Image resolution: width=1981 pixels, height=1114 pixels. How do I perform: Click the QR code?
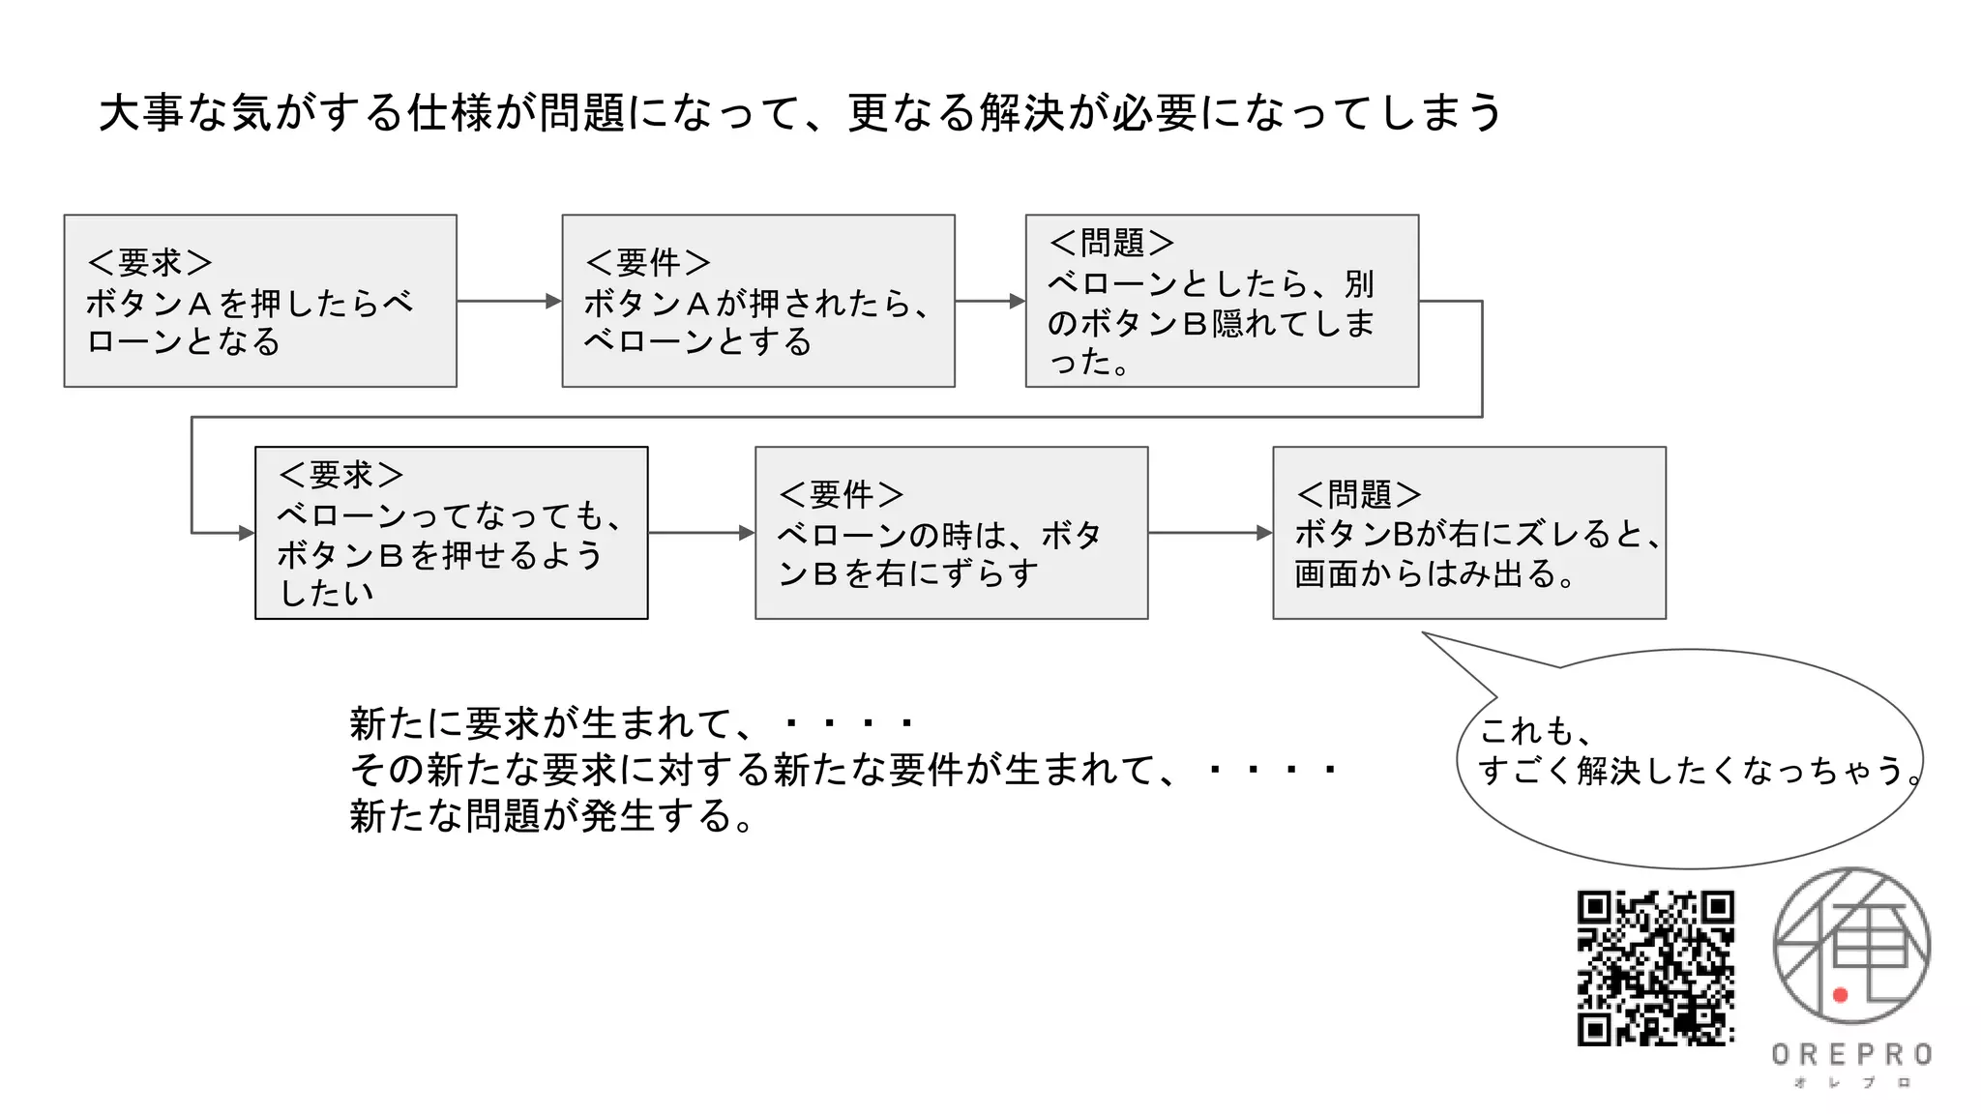(x=1655, y=967)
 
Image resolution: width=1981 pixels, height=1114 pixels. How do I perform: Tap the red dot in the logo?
(x=1840, y=995)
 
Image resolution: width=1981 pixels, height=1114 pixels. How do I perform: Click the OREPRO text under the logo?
(x=1851, y=1054)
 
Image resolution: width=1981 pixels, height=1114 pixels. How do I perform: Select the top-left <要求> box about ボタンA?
(x=260, y=301)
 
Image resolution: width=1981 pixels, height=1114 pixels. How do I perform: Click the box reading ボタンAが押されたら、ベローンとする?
(x=758, y=301)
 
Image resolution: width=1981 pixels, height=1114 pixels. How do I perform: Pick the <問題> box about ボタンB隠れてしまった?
(x=1222, y=301)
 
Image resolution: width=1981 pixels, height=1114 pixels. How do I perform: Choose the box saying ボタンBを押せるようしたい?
(x=452, y=533)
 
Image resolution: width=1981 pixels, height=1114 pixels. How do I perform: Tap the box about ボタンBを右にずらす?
(x=951, y=533)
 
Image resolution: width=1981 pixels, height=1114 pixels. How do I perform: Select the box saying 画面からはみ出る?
(x=1468, y=533)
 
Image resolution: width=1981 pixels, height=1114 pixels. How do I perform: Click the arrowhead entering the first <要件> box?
(x=554, y=301)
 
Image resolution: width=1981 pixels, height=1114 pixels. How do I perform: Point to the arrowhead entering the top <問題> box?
(x=1018, y=301)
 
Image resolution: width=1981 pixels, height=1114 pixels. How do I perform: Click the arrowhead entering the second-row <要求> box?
(x=247, y=533)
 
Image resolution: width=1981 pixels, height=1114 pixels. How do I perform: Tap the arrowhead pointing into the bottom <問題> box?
(x=1264, y=533)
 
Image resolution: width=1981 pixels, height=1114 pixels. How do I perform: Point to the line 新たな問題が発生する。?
(x=551, y=816)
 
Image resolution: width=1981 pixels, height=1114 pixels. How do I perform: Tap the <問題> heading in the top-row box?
(x=1111, y=242)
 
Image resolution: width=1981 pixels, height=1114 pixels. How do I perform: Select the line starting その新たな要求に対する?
(x=842, y=770)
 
